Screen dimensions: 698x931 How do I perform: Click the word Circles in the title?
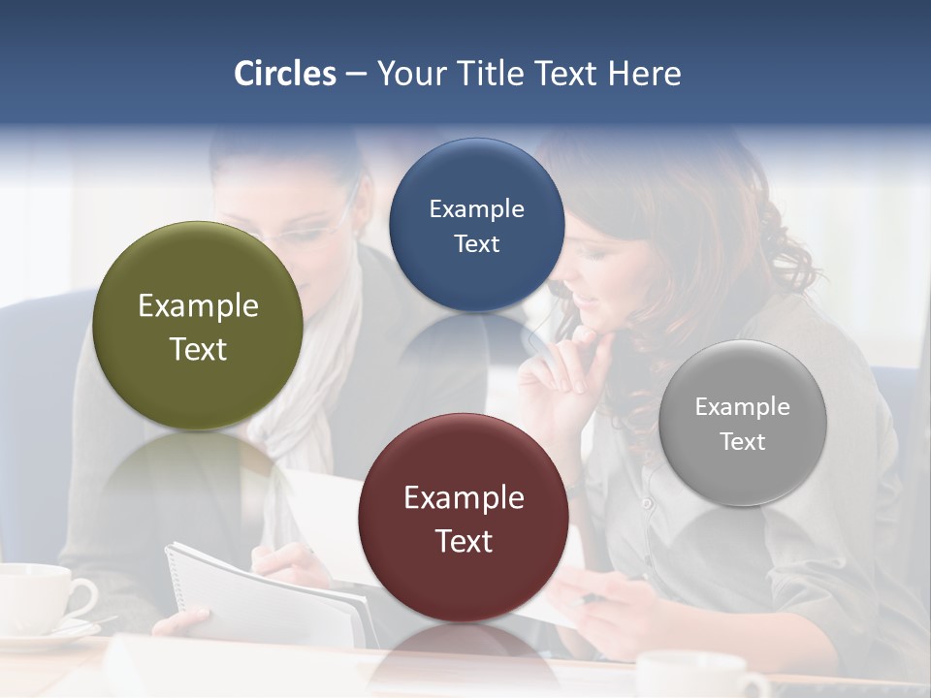[285, 74]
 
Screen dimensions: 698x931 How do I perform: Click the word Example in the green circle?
[198, 306]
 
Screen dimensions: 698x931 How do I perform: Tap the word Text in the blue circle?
[476, 244]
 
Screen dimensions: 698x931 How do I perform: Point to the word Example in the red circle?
[464, 498]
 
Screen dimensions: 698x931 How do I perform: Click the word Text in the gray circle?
[742, 442]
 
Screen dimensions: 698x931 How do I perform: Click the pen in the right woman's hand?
[588, 599]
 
